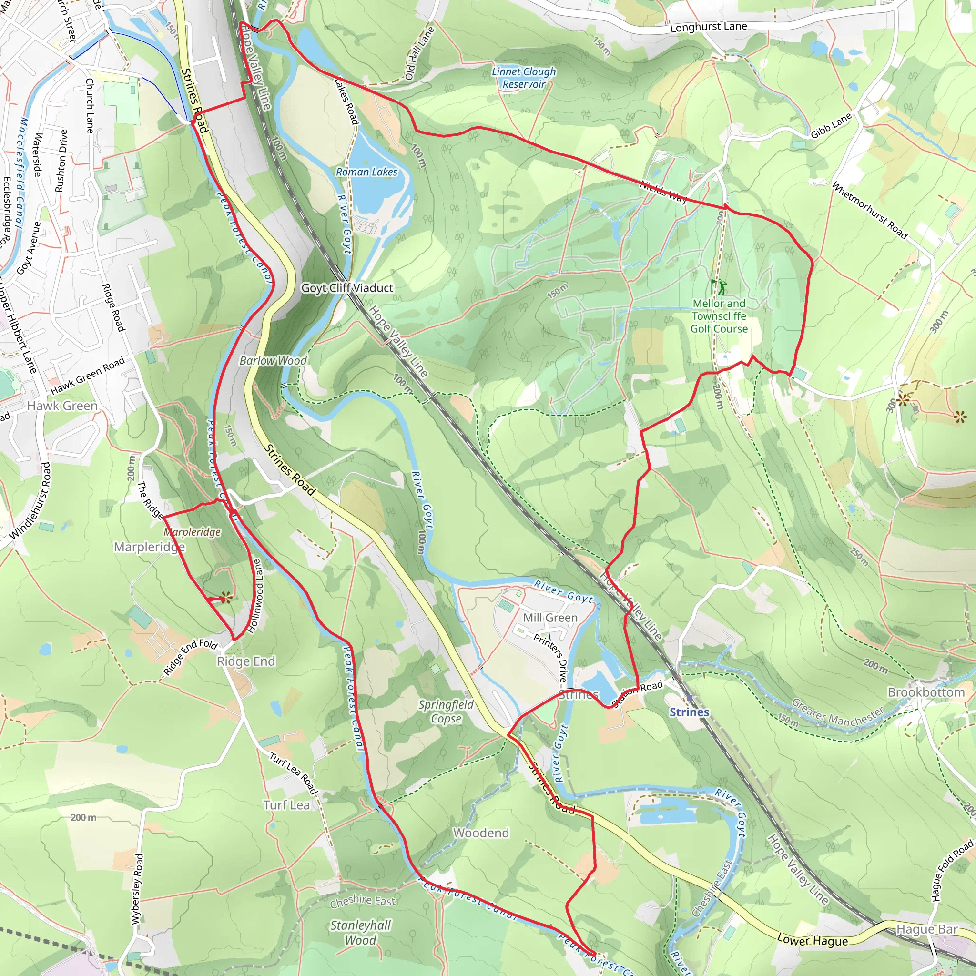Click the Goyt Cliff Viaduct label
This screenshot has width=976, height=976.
tap(346, 288)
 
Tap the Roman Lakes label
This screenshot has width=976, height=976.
tap(367, 172)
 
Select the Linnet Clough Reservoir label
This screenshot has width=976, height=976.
tap(524, 78)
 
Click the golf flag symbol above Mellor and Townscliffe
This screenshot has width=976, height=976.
tap(718, 287)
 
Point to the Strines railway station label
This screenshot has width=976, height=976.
tap(689, 712)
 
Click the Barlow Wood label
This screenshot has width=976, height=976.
tap(273, 361)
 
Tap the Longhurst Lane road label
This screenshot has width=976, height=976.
tap(708, 27)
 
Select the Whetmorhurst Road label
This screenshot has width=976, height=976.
tap(869, 210)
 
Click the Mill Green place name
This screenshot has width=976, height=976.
tap(550, 618)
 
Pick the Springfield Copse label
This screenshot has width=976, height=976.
tap(446, 712)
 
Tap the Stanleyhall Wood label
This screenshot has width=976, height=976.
tap(360, 932)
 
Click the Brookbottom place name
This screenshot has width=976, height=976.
tap(926, 692)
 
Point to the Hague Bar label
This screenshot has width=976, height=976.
tap(927, 929)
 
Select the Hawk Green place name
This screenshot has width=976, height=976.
tap(62, 406)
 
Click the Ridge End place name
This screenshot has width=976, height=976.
tap(246, 661)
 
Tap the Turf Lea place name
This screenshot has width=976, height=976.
tap(286, 805)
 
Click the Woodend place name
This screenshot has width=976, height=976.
tap(481, 833)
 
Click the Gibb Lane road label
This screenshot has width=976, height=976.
tap(831, 126)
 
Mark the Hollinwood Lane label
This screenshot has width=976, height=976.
tap(257, 596)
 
